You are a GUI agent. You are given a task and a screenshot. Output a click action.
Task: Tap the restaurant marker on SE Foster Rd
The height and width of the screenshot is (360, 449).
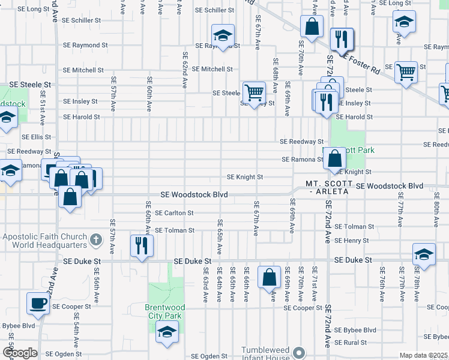[x=342, y=40]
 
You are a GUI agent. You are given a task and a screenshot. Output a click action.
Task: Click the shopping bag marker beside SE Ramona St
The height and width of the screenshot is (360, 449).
[x=336, y=158]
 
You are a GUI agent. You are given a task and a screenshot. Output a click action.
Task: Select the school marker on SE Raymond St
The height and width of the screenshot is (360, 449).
[x=223, y=35]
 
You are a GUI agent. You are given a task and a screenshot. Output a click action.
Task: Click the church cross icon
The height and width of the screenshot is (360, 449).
[x=95, y=241]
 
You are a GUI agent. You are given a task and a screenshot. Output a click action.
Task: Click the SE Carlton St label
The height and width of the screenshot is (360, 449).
[x=174, y=213]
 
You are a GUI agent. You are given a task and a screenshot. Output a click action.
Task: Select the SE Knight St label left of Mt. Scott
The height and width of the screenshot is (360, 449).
[x=245, y=177]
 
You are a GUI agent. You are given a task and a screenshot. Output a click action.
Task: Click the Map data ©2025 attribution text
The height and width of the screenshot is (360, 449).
[x=423, y=355]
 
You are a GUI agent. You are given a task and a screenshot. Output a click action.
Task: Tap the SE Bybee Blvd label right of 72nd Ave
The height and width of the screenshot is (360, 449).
[x=355, y=330]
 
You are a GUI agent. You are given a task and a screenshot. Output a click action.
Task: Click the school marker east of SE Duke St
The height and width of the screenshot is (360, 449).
[x=424, y=254]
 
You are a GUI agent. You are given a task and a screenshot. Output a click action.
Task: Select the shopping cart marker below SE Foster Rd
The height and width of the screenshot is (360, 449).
[x=406, y=73]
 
